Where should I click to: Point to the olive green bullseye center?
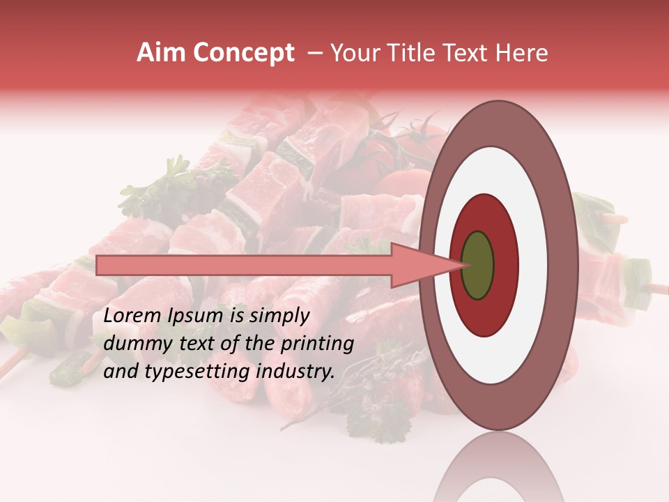477,266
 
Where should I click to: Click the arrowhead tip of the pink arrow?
466,265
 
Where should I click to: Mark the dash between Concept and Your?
314,54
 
